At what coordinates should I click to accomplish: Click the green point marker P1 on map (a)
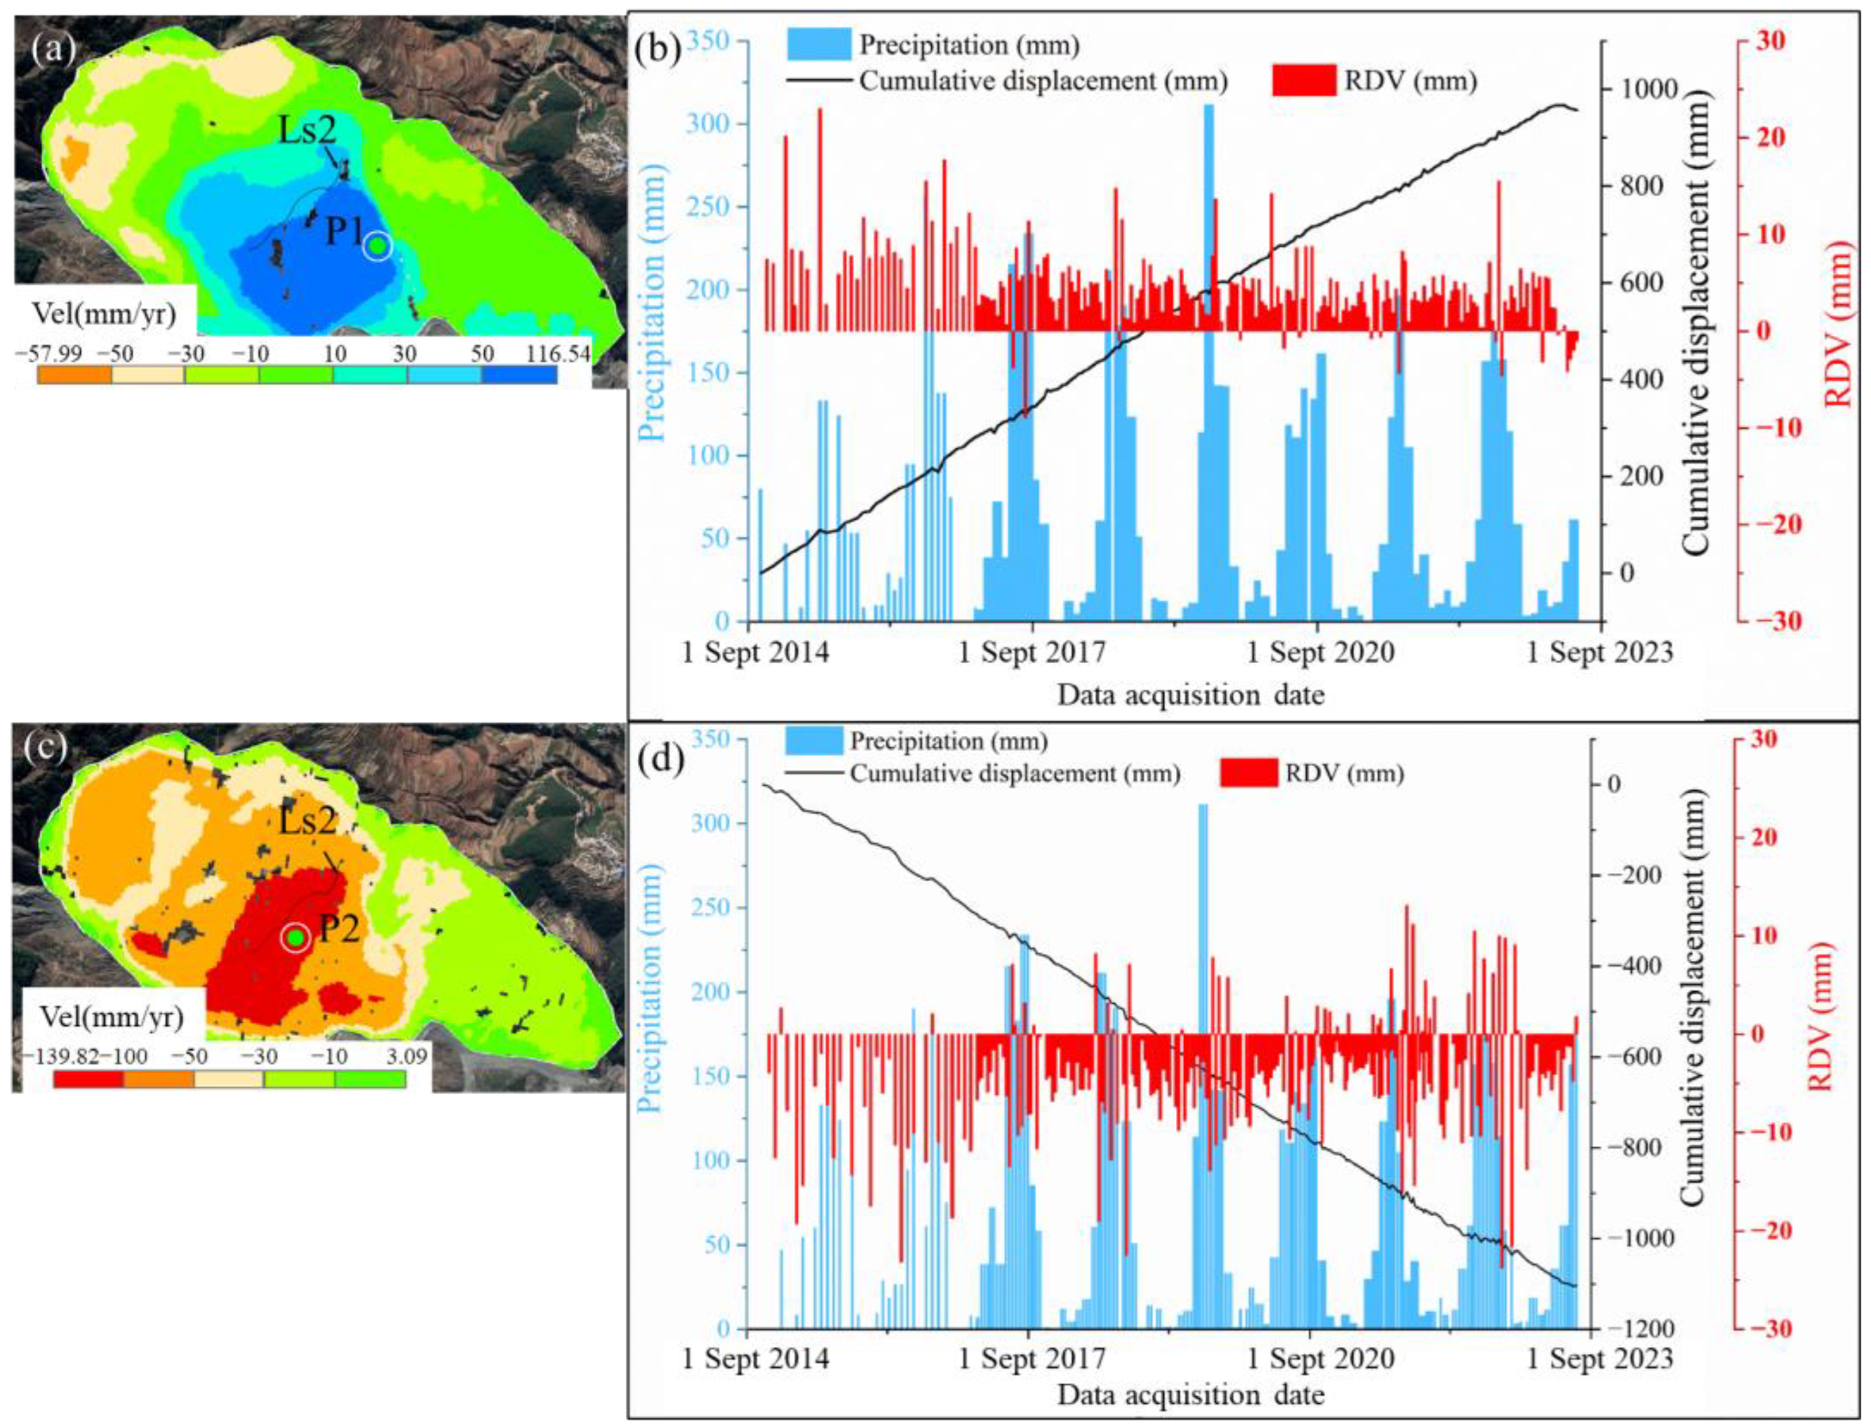[x=378, y=246]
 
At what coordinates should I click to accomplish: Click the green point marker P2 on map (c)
[x=294, y=938]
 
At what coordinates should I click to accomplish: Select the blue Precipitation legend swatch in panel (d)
[x=814, y=742]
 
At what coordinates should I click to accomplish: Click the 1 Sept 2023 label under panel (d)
[x=1600, y=1359]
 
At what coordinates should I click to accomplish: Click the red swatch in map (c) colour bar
[x=88, y=1079]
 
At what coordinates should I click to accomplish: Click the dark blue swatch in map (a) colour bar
[x=519, y=375]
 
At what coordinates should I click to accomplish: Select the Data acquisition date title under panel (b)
[x=1190, y=695]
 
